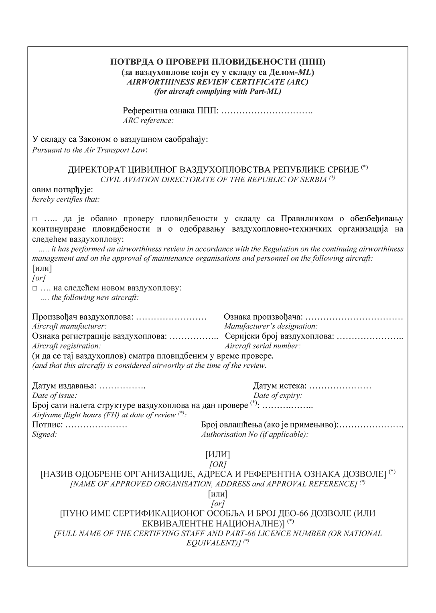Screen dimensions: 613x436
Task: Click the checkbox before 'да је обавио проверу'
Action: [34, 219]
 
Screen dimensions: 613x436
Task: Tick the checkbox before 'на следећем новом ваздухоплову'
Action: [34, 288]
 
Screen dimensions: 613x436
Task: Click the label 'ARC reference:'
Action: [148, 120]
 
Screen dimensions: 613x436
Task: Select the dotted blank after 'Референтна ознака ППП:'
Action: [267, 111]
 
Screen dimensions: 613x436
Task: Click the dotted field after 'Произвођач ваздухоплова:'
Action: [171, 317]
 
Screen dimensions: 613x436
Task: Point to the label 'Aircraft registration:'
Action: [66, 346]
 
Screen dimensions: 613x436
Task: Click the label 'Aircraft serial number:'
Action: [262, 346]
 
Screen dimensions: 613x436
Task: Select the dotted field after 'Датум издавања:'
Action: [122, 386]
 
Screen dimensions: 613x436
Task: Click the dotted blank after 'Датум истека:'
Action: [341, 386]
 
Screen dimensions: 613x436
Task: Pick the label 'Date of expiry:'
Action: [278, 396]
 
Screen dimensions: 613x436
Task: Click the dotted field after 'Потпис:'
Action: [96, 425]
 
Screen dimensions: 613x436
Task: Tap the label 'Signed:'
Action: [44, 435]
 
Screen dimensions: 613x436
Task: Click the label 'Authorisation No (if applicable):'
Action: [255, 435]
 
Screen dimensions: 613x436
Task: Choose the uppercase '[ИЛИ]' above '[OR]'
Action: [217, 455]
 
